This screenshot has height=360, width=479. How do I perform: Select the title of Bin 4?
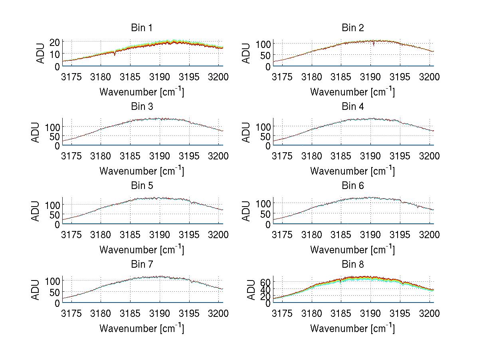(x=353, y=107)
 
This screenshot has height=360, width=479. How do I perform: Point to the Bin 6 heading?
(x=353, y=186)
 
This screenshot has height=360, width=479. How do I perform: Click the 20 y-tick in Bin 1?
(x=54, y=42)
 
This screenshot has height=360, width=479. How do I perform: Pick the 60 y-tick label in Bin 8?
(x=265, y=282)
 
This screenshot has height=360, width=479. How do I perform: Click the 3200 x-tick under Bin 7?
(x=218, y=313)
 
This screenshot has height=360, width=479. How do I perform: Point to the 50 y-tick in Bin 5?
(x=54, y=215)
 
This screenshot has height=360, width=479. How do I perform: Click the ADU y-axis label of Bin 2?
(x=247, y=53)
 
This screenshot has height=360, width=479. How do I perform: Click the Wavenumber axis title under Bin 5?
(x=141, y=250)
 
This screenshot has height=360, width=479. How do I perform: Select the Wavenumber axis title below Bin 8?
(x=353, y=328)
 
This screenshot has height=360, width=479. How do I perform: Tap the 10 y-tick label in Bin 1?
(x=54, y=54)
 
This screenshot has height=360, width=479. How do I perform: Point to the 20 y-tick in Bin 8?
(x=265, y=296)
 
